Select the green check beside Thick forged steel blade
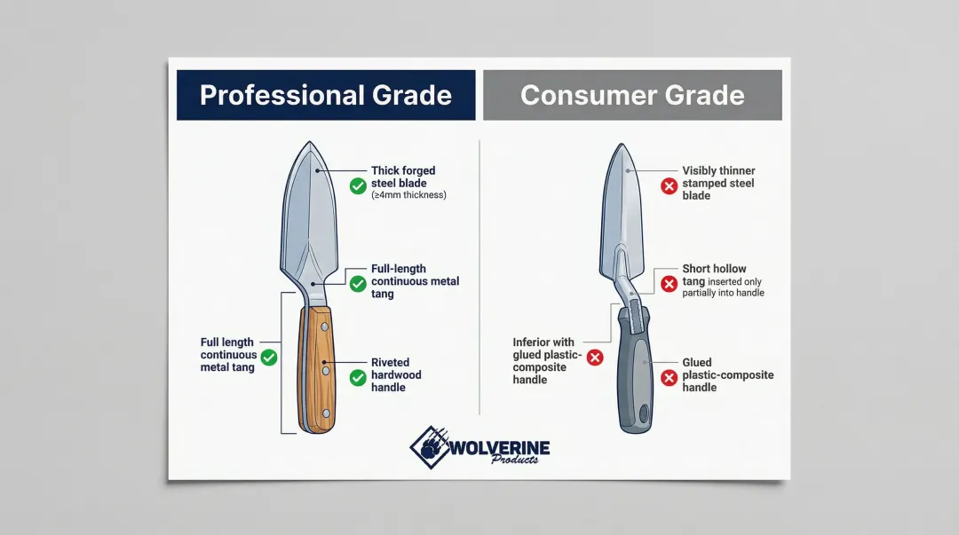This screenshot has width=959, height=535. point(358,185)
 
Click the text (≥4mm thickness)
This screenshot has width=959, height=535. point(408,195)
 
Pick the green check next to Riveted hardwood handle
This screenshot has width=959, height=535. point(358,378)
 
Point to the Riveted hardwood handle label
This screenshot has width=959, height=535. point(396,374)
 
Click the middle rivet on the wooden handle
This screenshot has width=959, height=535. point(325,364)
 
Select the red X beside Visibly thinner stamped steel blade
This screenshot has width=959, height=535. point(670,185)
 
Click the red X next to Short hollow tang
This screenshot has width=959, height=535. point(670,284)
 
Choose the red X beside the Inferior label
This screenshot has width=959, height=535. point(595,358)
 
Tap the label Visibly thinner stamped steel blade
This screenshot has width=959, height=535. point(718,183)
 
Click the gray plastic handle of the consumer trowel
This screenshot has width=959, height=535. point(635,373)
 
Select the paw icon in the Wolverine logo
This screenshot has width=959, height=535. point(431,446)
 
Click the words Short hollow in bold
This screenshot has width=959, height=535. point(714,269)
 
